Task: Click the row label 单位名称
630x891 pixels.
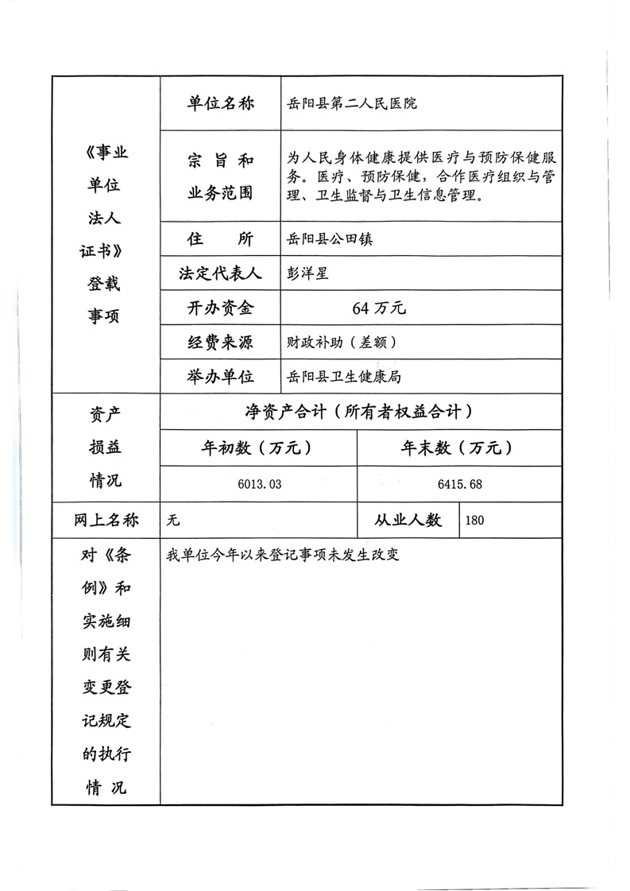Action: (x=220, y=103)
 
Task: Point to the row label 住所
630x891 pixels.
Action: (x=220, y=238)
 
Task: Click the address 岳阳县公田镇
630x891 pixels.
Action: (x=330, y=239)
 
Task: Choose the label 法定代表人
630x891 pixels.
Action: (x=220, y=273)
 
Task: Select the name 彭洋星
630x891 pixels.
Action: (x=307, y=273)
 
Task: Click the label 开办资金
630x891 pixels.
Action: (x=220, y=308)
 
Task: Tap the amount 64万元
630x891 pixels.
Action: (x=379, y=308)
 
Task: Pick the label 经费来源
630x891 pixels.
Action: (x=220, y=343)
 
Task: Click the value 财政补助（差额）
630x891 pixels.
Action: (x=341, y=343)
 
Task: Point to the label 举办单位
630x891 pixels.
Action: (x=220, y=376)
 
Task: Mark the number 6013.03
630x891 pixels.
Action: (x=259, y=484)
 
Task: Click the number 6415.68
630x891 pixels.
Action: (x=459, y=484)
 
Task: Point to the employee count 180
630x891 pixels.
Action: (x=475, y=521)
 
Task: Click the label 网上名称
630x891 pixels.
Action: (x=106, y=520)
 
